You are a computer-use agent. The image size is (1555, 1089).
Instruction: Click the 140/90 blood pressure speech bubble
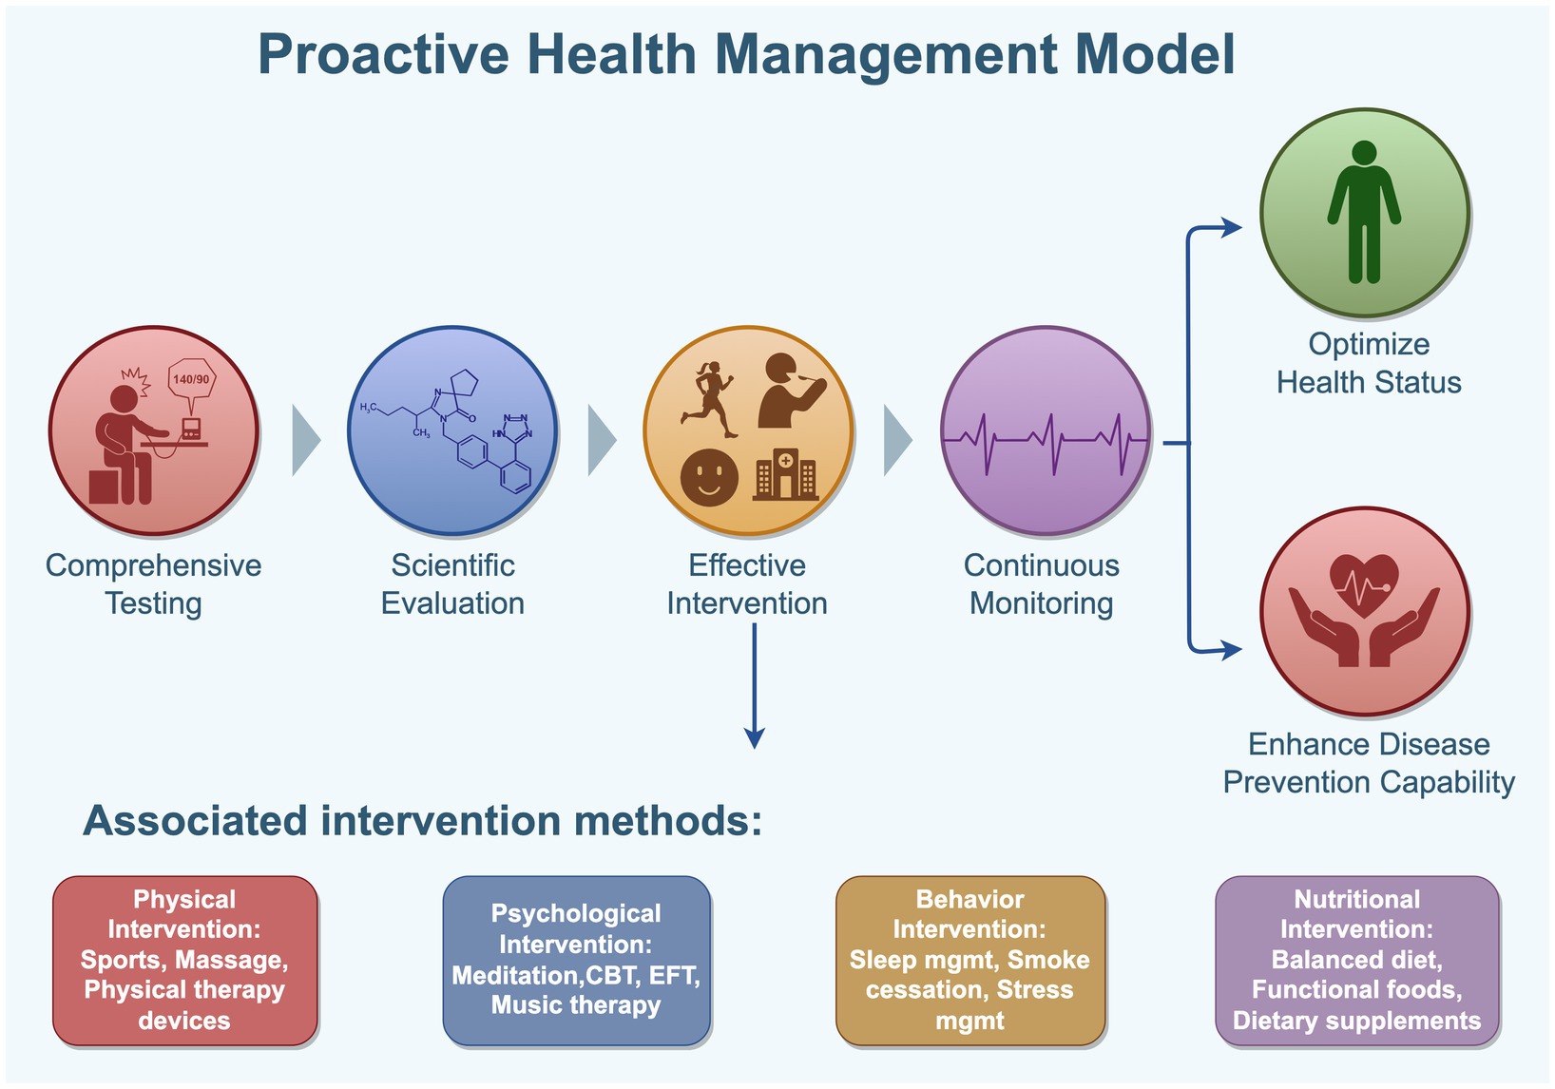[x=191, y=380]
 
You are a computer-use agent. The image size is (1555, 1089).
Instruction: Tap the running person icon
[x=709, y=399]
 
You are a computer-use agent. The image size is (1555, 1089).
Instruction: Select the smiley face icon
[x=709, y=477]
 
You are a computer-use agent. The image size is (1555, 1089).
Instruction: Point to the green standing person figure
[x=1364, y=211]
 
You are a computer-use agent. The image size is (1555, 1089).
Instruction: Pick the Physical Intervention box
[x=184, y=960]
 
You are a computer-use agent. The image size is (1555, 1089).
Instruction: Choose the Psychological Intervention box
[x=576, y=960]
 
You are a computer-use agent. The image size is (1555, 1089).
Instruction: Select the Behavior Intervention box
[x=969, y=960]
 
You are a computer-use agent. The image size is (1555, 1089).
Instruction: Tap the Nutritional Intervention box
[x=1356, y=960]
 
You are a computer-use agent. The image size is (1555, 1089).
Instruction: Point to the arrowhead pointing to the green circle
[x=1232, y=227]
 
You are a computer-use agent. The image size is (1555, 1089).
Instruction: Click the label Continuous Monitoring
[x=1041, y=583]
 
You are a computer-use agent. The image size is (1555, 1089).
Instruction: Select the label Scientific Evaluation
[x=452, y=583]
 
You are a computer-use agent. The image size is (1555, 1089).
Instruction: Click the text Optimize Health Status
[x=1368, y=363]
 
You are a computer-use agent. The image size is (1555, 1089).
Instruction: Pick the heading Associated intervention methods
[x=423, y=820]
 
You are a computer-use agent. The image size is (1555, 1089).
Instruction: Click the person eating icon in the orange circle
[x=789, y=390]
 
